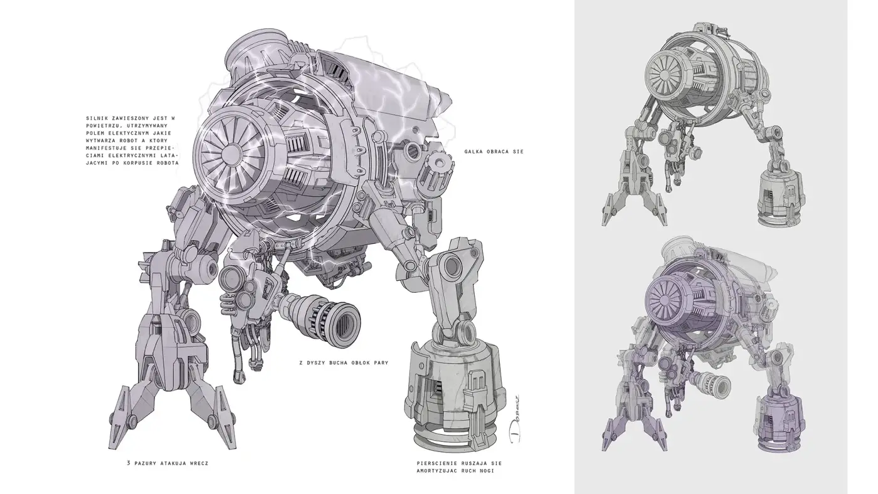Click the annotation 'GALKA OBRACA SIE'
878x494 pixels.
click(494, 152)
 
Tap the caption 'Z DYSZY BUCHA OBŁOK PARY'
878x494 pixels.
click(344, 363)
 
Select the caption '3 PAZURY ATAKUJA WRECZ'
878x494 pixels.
click(167, 463)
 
